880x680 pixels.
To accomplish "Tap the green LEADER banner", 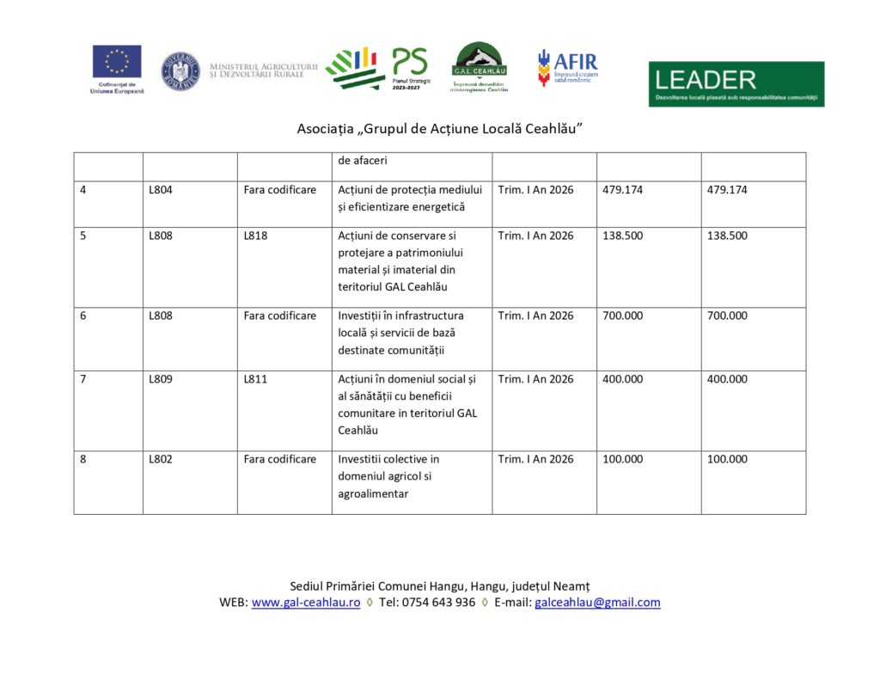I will coord(736,83).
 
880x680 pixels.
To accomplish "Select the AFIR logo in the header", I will coord(567,67).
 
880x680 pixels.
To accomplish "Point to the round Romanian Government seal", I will coord(180,71).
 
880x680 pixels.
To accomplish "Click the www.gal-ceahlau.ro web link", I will coord(306,603).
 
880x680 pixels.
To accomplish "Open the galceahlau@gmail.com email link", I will coord(597,603).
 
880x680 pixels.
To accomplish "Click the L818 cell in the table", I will coord(255,236).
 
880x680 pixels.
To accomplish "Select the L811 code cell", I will coord(255,379).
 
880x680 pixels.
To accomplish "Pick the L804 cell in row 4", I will coord(161,190).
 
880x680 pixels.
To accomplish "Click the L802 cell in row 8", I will coord(161,459).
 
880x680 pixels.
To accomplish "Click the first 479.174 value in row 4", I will coord(622,190).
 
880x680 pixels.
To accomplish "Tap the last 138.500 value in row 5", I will coord(727,236).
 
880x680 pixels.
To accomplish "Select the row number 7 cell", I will coord(82,379).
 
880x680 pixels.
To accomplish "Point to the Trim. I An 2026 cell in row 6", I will coord(535,315).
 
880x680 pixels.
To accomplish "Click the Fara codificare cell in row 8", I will coord(279,459).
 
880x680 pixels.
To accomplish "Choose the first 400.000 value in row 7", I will coord(622,379).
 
